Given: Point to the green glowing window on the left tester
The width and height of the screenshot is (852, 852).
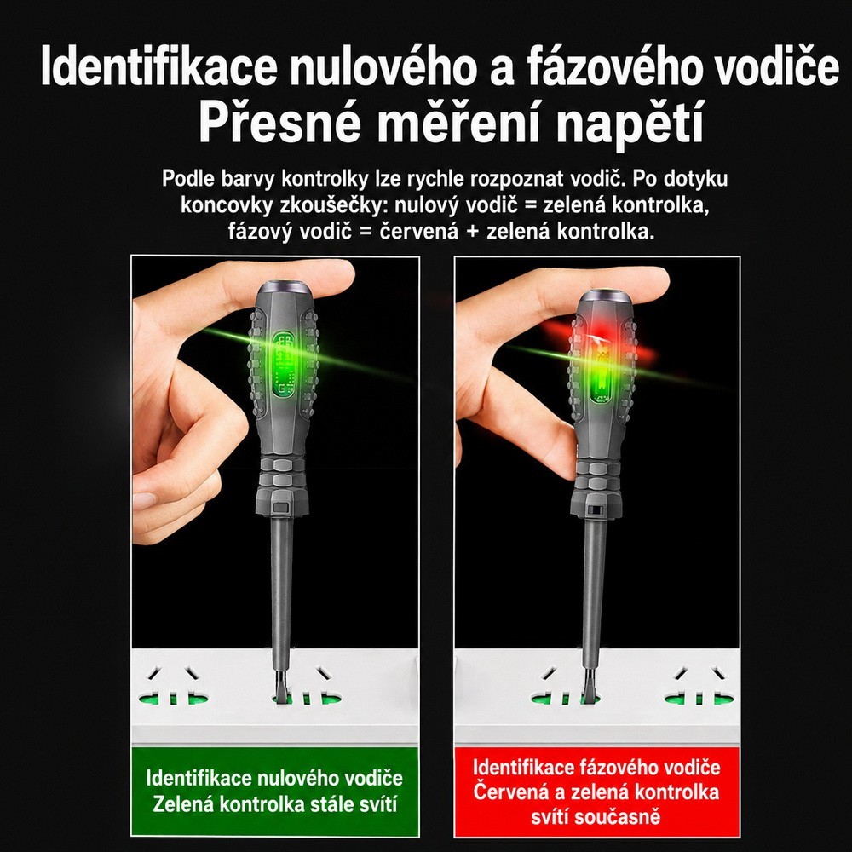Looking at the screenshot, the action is [284, 363].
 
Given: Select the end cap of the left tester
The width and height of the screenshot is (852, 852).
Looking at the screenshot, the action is [284, 288].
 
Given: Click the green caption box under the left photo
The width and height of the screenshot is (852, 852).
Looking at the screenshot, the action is [275, 792].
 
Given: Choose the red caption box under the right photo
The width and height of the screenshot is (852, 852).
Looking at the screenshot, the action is [596, 792].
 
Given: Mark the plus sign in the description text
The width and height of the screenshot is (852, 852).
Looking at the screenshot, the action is [473, 232].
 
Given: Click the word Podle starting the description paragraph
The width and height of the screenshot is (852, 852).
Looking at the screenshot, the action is [188, 179].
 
